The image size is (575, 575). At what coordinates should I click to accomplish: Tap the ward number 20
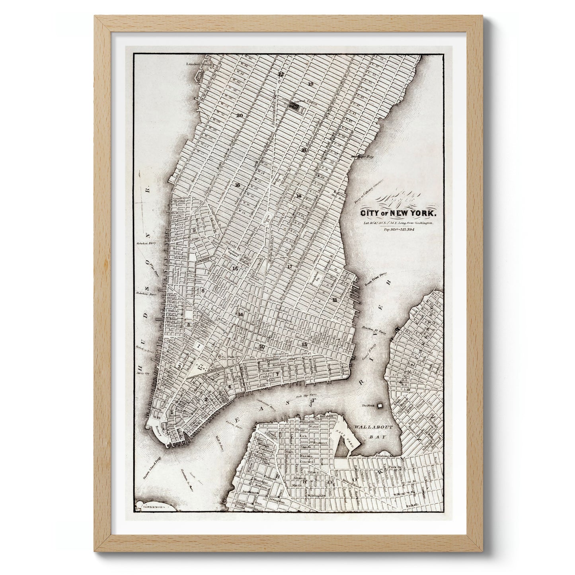239,116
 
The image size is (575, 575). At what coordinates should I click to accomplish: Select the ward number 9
195,230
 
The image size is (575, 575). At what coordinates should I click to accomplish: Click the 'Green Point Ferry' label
375,283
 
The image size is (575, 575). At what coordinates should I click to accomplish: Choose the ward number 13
305,344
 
